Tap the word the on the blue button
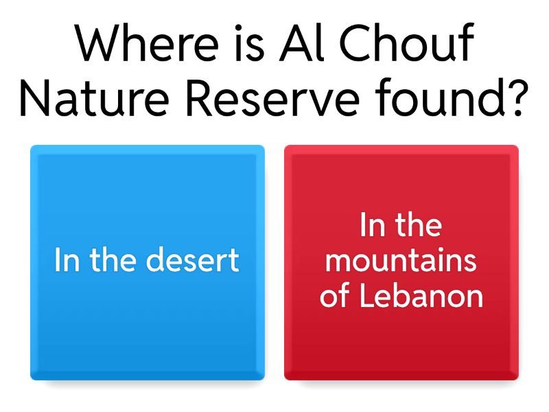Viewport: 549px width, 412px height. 111,261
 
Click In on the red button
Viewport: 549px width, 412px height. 371,225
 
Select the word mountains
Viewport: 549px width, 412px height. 401,261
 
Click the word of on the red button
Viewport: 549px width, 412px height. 336,297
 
